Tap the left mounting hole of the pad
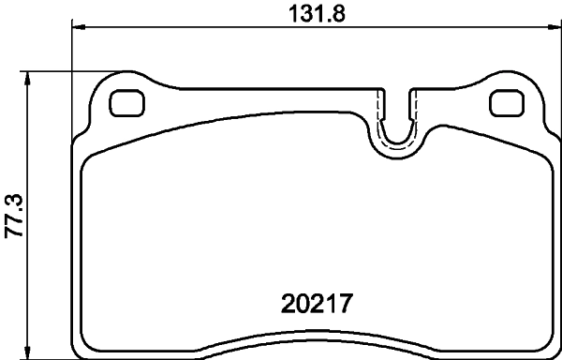pos(125,102)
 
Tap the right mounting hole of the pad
pos(507,102)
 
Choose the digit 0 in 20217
pos(301,305)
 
